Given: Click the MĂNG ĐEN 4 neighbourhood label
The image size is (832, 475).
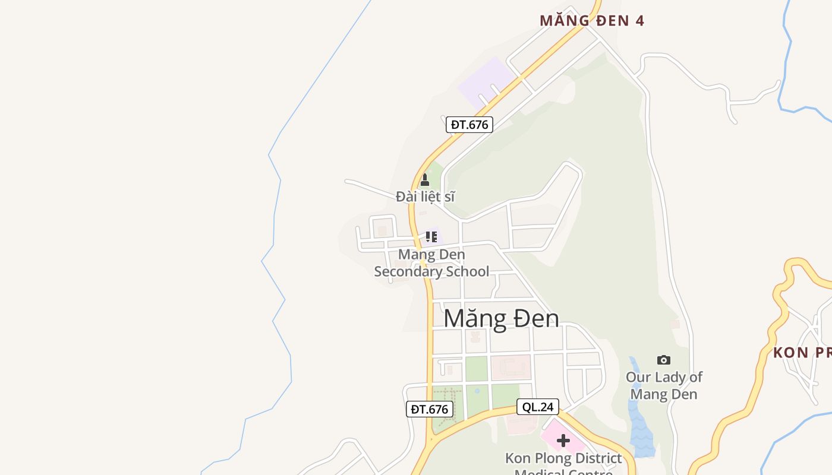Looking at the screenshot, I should (591, 21).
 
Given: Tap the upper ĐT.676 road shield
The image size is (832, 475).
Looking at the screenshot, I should (469, 125).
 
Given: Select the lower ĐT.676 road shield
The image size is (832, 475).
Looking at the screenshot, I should (429, 409).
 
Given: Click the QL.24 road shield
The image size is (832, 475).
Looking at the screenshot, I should (537, 407).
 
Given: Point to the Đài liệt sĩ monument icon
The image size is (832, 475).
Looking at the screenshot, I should (424, 180).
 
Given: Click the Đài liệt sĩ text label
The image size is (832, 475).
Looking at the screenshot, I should (425, 197).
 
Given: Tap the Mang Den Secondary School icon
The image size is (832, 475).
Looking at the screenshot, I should (431, 237).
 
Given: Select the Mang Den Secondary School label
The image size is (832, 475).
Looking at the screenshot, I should (431, 263).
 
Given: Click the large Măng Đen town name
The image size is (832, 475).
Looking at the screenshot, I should (501, 318).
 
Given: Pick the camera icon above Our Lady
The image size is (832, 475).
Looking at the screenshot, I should (664, 360).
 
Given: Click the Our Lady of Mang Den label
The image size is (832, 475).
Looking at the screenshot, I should (664, 385).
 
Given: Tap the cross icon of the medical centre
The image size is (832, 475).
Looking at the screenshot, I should (563, 441).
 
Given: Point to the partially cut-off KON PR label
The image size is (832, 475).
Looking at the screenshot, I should (802, 353).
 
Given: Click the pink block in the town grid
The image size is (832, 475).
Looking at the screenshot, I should (510, 367).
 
